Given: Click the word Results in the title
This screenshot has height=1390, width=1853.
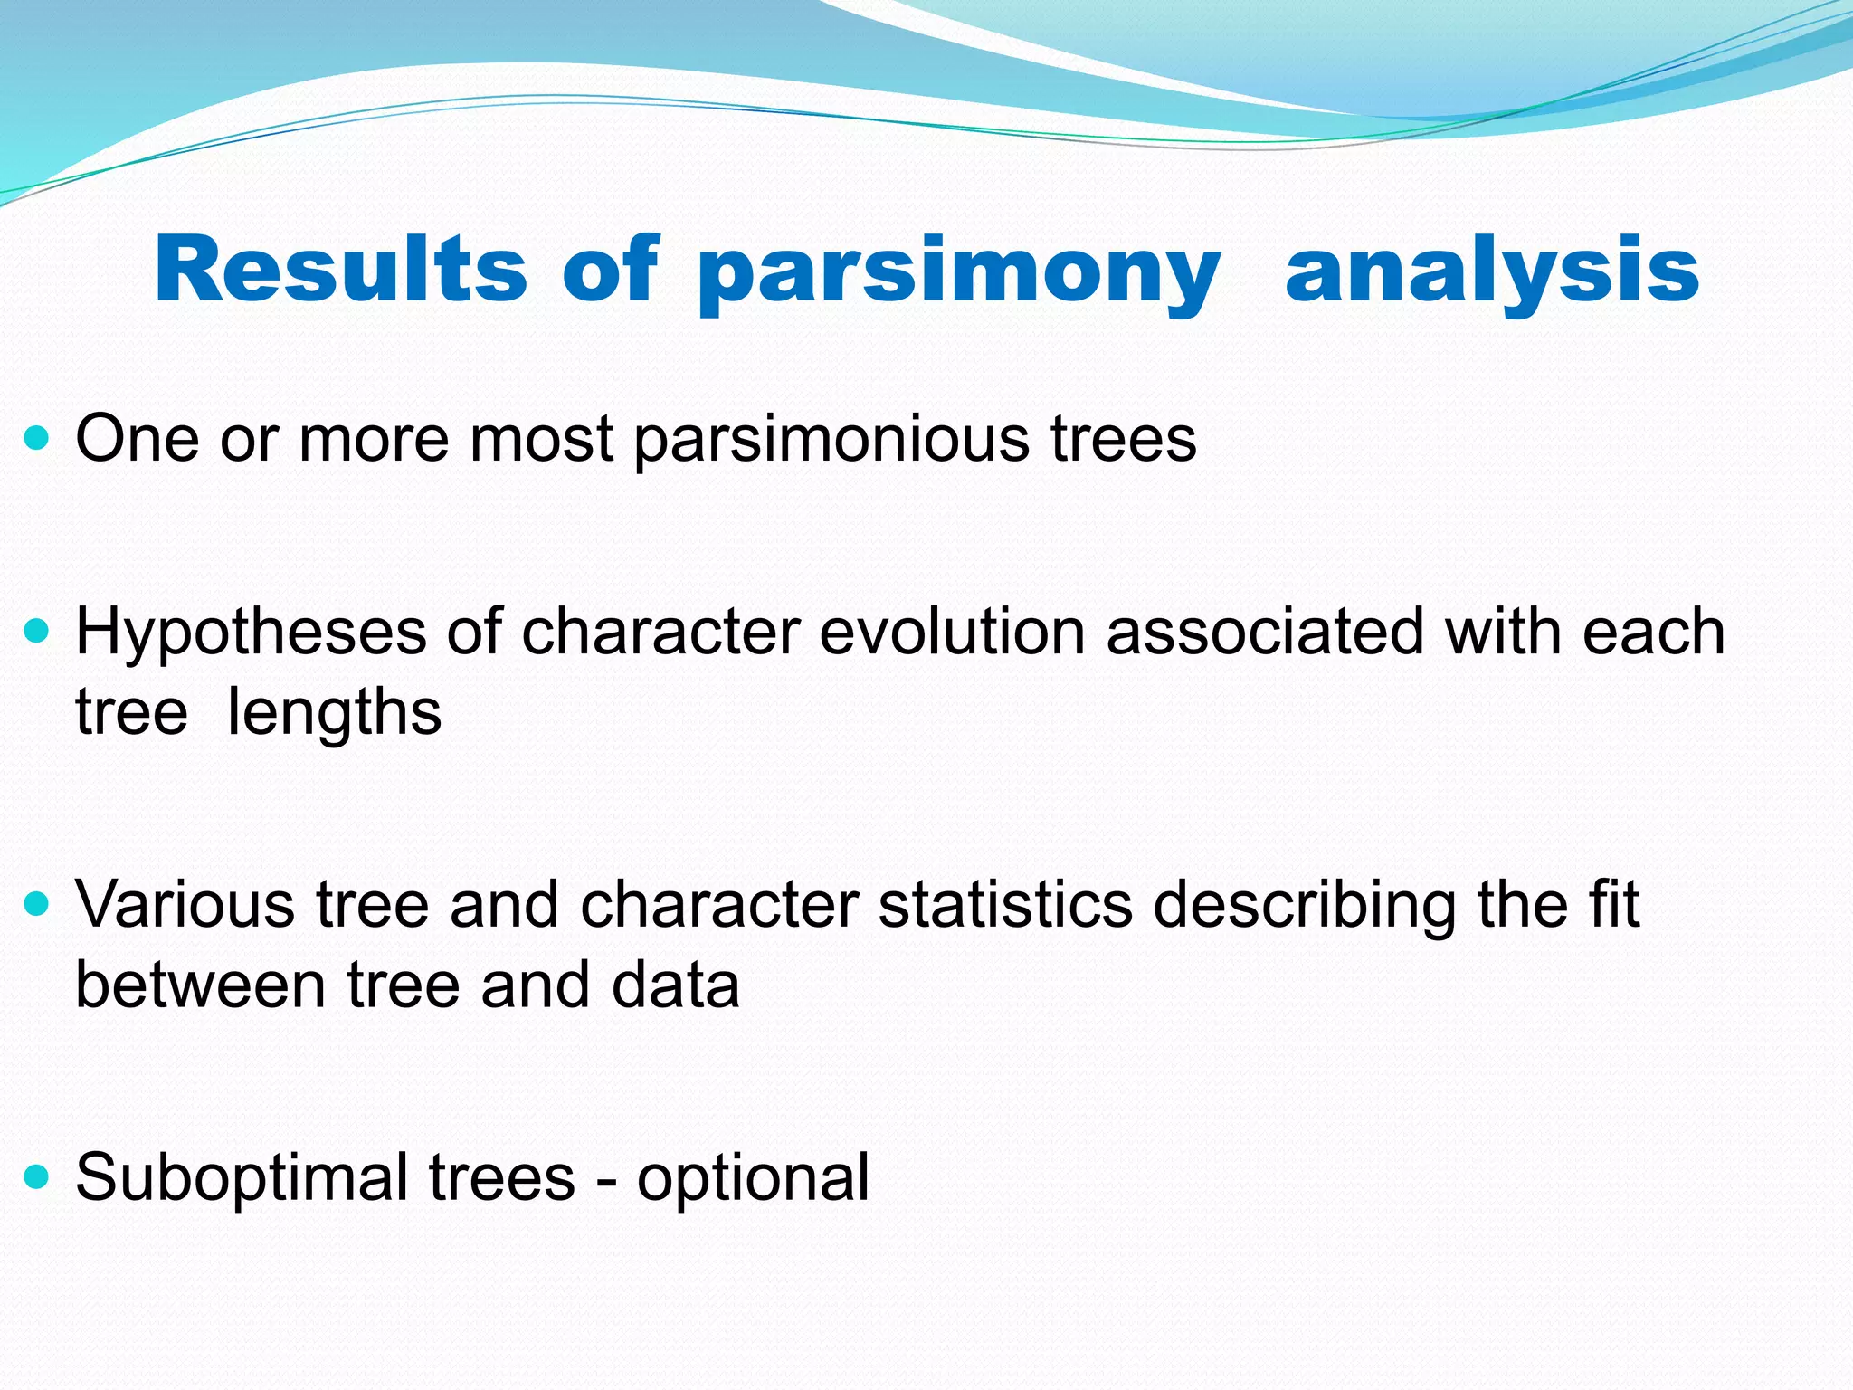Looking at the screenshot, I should point(340,269).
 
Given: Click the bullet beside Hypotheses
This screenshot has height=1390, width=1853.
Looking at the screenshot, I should point(37,632).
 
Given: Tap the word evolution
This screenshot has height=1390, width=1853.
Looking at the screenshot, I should point(952,632).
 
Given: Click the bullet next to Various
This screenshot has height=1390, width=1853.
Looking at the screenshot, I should point(37,904).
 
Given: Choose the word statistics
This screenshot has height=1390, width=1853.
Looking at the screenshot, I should point(1005,904).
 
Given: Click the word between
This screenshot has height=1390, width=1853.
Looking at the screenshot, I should point(200,985).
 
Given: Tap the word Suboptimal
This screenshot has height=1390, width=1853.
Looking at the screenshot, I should point(242,1178).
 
